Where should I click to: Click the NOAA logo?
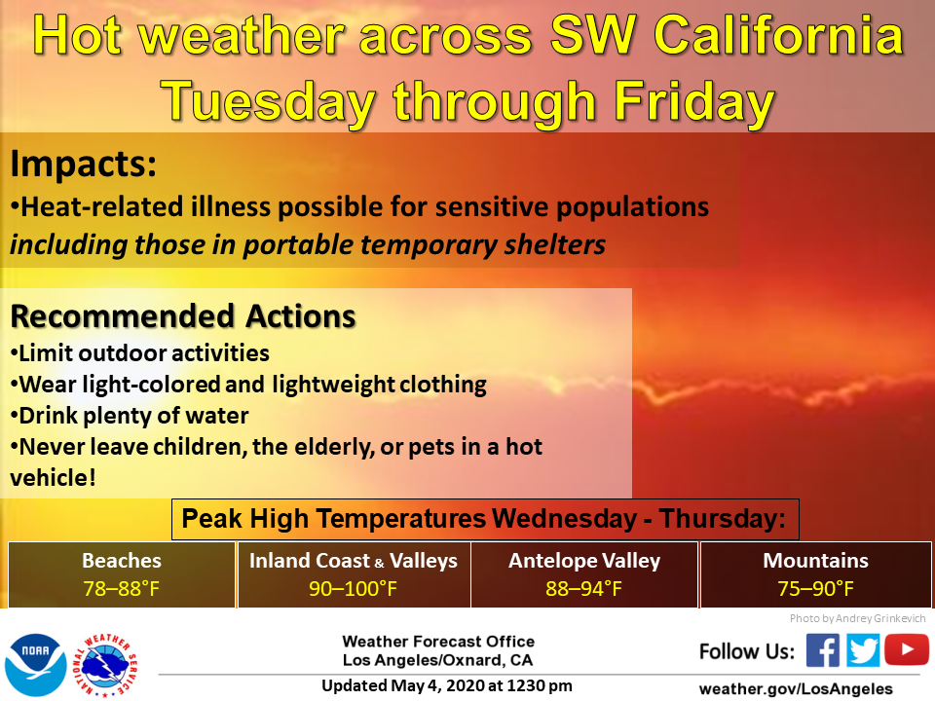36,665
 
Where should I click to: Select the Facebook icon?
823,649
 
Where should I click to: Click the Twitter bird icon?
863,649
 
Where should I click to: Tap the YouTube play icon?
907,649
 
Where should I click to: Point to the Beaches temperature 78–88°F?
122,589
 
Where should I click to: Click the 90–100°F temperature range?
353,589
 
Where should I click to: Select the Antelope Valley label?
584,561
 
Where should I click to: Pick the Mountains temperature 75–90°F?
816,589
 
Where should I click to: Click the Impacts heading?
84,164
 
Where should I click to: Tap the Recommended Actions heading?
183,315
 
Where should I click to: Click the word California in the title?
779,35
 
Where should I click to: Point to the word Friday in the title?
694,102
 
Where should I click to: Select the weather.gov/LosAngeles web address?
796,689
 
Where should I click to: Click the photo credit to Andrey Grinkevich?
857,618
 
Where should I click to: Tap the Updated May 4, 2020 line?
447,686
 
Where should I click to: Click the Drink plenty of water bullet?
130,416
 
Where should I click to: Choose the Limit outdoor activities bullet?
139,353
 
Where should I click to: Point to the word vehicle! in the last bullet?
53,477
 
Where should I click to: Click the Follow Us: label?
747,651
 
